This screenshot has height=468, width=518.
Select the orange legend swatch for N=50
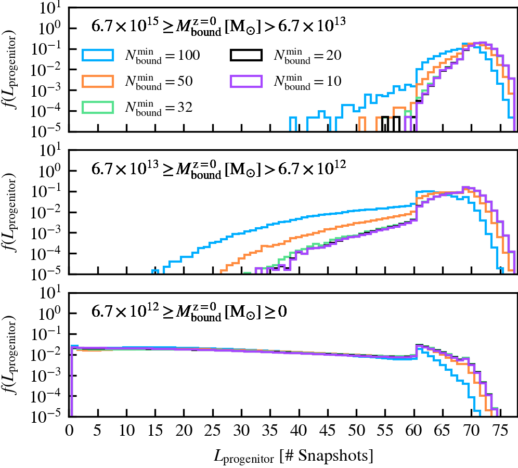tap(98, 81)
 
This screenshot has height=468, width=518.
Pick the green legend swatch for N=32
tap(98, 107)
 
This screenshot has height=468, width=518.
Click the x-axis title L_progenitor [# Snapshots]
tap(293, 456)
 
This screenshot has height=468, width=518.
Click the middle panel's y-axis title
tap(11, 213)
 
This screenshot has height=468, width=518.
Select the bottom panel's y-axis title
tap(11, 356)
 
